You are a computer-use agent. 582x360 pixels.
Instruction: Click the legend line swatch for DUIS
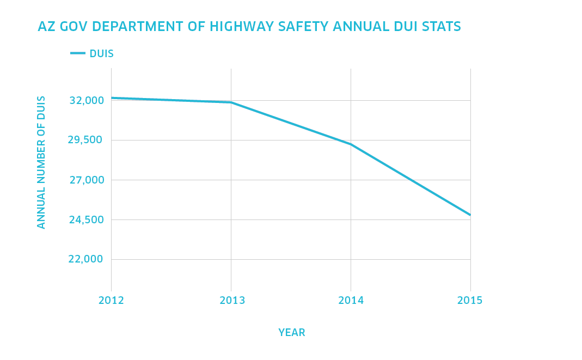coord(78,53)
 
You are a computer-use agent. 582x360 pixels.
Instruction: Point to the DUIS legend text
coord(102,54)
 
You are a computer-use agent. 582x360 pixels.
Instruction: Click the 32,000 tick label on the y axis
coord(86,101)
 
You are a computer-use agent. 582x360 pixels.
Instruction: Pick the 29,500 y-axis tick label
coord(85,141)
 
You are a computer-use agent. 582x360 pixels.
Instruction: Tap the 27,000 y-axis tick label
coord(86,180)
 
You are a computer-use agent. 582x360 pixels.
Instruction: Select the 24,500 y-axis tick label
coord(85,220)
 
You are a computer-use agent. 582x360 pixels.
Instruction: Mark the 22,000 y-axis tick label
coord(86,259)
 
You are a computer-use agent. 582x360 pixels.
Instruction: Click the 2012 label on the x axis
coord(111,301)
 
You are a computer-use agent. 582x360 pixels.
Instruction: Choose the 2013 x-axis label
coord(232,301)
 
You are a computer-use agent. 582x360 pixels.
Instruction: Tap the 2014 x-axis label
coord(351,301)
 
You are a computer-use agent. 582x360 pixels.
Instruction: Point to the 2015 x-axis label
coord(470,301)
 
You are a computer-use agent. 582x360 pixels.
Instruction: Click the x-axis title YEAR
coord(292,333)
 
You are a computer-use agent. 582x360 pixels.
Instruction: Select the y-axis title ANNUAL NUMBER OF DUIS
coord(41,162)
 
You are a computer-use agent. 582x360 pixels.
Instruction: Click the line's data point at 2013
coord(231,102)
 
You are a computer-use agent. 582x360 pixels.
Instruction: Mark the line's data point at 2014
coord(351,144)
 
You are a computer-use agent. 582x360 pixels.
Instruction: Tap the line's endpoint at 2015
coord(470,215)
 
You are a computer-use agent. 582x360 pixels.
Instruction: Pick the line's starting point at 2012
coord(112,98)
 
